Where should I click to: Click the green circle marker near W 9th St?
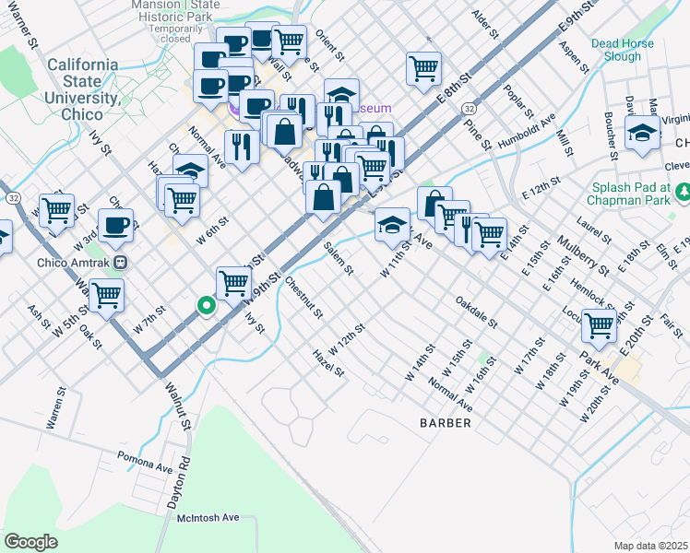tap(207, 306)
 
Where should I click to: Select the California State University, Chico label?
tap(82, 81)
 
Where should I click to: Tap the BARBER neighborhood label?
tap(446, 423)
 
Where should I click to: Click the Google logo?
tap(30, 542)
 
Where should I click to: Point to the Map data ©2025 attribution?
tap(651, 546)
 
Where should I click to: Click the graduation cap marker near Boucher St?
tap(642, 133)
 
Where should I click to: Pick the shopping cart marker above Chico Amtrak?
tap(57, 209)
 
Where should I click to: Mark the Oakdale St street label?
tap(477, 313)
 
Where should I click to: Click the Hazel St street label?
tap(328, 363)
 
